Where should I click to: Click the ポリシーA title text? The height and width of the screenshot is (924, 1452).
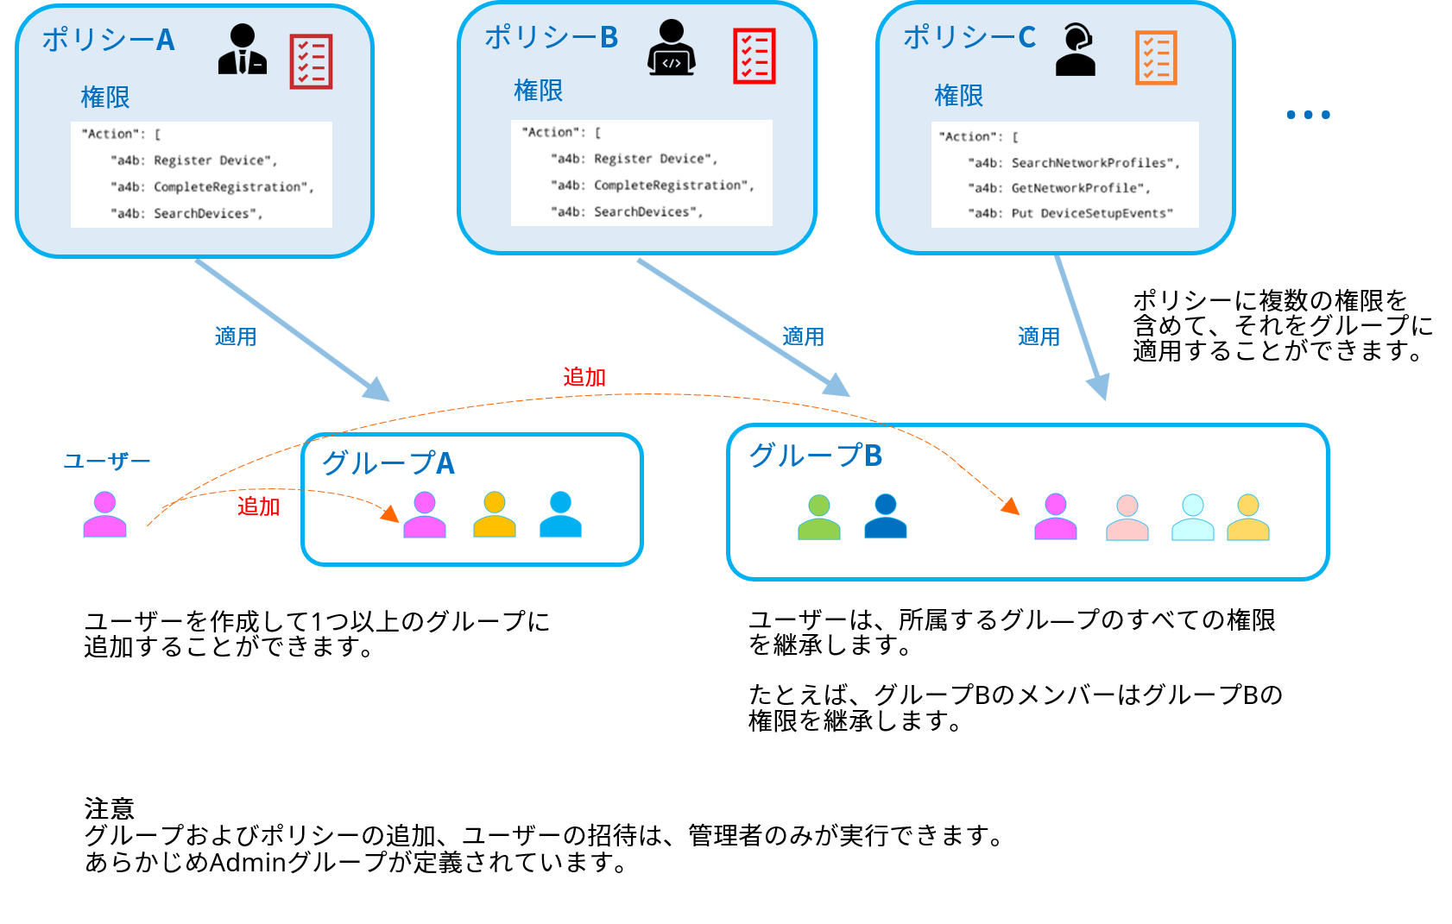point(109,40)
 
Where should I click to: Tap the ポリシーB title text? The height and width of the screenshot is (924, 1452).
point(551,37)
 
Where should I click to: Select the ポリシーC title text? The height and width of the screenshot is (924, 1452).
point(969,37)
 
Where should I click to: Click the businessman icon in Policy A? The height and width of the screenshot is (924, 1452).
point(243,49)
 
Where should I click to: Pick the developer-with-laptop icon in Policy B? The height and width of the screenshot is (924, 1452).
point(672,48)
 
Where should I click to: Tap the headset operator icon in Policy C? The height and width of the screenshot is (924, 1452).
point(1076,50)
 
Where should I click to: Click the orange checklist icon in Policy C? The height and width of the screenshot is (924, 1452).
point(1156,58)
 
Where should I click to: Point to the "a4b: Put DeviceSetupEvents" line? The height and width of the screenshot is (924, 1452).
point(1070,213)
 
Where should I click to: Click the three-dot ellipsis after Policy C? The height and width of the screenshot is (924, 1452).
point(1308,115)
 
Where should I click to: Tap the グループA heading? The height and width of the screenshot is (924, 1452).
point(388,463)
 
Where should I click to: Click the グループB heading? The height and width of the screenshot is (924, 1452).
point(815,455)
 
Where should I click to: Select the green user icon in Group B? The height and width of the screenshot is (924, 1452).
point(819,518)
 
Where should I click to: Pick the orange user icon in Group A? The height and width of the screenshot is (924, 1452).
point(495,514)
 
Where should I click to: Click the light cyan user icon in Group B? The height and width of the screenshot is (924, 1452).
point(1192,518)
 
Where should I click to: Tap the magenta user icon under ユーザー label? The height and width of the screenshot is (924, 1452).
point(105,514)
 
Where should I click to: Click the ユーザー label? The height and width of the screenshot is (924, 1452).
point(107,462)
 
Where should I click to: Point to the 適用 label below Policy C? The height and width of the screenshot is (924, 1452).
point(1038,336)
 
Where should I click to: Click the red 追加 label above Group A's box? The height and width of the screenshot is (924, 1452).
point(584,377)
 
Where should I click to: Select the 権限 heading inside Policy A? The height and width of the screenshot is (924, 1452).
point(105,97)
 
